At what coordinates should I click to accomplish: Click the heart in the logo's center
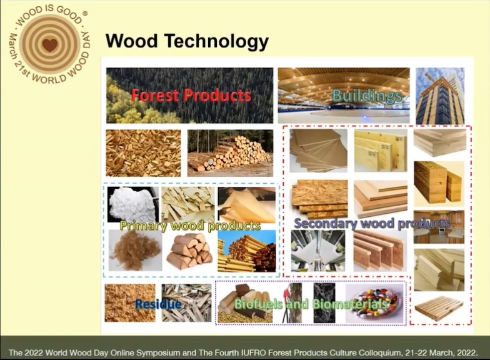[x=50, y=44]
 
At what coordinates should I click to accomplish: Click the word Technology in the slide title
[x=216, y=41]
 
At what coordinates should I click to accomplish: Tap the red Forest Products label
[x=191, y=95]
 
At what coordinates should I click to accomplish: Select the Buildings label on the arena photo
[x=367, y=96]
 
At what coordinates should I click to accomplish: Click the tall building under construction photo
[x=440, y=96]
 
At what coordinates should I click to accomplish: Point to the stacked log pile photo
[x=230, y=153]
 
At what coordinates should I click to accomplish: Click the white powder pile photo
[x=132, y=204]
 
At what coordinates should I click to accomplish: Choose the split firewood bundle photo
[x=190, y=251]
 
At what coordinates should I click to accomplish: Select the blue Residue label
[x=158, y=304]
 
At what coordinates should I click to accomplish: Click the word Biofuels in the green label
[x=259, y=304]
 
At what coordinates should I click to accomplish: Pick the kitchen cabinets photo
[x=439, y=227]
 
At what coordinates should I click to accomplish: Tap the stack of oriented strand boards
[x=320, y=199]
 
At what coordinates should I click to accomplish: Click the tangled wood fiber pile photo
[x=135, y=251]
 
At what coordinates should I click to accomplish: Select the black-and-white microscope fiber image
[x=324, y=302]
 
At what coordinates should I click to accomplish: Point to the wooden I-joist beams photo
[x=380, y=251]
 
